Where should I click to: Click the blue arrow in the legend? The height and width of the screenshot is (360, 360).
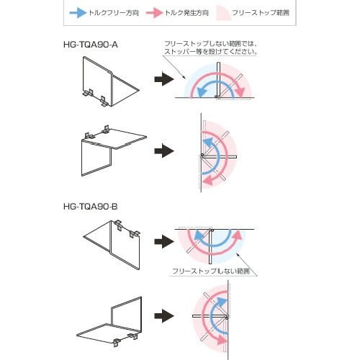pyautogui.click(x=77, y=14)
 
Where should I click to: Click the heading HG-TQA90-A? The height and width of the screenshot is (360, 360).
pyautogui.click(x=91, y=45)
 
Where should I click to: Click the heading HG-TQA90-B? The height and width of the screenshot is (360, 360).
pyautogui.click(x=91, y=207)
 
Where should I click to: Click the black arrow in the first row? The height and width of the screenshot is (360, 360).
pyautogui.click(x=166, y=78)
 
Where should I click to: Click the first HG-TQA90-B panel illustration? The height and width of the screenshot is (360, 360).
pyautogui.click(x=112, y=241)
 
